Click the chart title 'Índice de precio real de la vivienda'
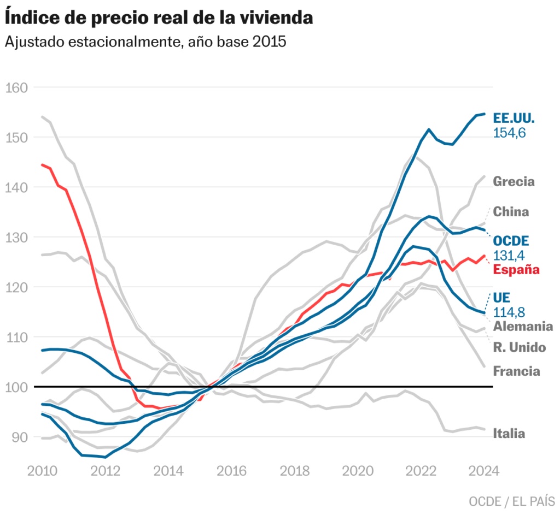159,17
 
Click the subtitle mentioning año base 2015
145,42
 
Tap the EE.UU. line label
514,118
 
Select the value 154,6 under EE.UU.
509,133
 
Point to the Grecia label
514,181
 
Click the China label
511,212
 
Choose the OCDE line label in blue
511,241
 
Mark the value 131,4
509,255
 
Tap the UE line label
501,298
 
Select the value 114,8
509,312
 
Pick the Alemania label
523,327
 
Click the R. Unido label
519,347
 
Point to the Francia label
516,371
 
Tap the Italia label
509,434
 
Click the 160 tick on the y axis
17,87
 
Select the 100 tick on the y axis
17,387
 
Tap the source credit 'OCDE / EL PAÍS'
511,501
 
